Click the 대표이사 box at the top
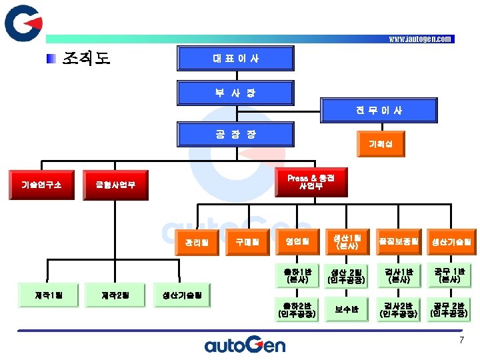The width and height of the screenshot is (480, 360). coord(236,58)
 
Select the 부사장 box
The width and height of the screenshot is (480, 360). coord(236,93)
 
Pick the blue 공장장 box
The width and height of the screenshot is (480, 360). coord(236,134)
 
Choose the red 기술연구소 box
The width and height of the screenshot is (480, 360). coord(41,184)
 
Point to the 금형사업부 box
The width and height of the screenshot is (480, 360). coord(115,184)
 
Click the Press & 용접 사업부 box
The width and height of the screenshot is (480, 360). coord(311,182)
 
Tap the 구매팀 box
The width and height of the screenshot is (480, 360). coord(247,241)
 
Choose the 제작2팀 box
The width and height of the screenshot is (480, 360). coord(115,294)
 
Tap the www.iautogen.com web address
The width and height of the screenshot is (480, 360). coord(421,39)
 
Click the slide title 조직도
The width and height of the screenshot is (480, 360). coord(87,58)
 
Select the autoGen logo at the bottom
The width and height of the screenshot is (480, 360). coord(244,344)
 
